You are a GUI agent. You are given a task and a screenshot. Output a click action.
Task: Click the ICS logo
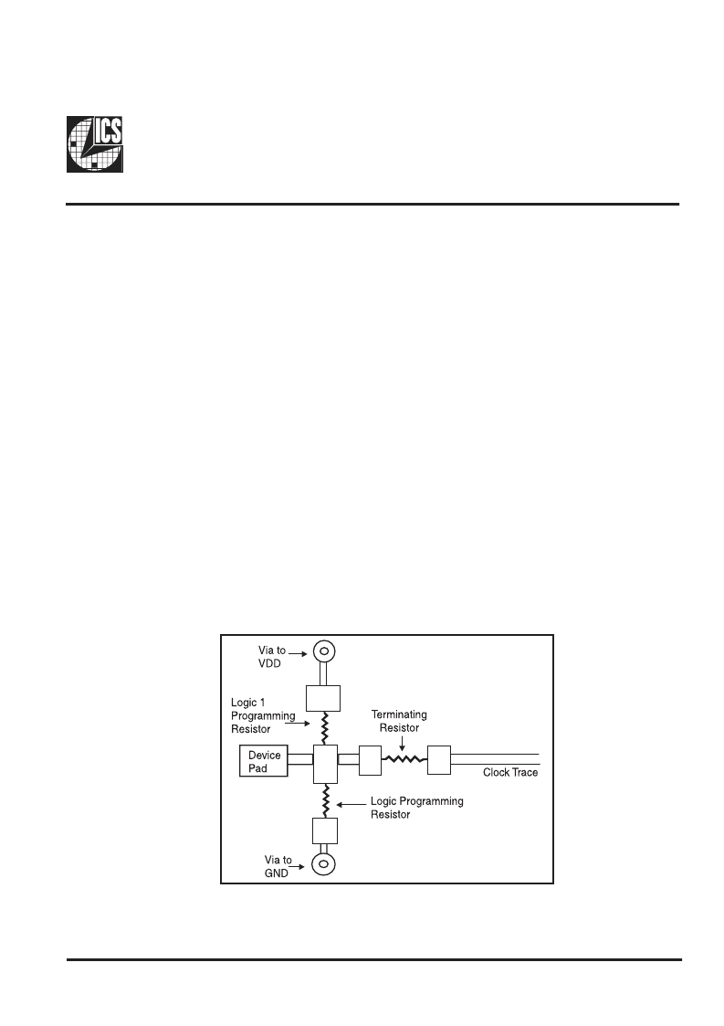tap(95, 144)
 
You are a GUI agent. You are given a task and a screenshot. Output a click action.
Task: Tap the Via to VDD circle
tap(323, 651)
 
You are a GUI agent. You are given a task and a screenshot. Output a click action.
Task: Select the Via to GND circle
tap(323, 864)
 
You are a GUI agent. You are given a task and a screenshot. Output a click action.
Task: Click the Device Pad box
tap(264, 762)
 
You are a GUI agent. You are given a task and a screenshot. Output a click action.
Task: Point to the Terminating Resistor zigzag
tap(404, 759)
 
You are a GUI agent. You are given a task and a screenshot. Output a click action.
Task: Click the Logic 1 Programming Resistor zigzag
tap(324, 728)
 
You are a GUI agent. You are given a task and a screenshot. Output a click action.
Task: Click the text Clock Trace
tap(510, 773)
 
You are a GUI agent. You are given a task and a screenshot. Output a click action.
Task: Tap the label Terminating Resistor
tap(399, 721)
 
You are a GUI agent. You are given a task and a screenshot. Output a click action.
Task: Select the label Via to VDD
tap(271, 657)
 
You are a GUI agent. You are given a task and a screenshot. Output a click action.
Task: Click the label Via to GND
tap(278, 866)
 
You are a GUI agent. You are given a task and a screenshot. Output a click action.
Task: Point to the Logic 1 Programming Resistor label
tap(263, 716)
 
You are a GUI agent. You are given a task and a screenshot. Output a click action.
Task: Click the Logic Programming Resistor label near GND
tap(416, 808)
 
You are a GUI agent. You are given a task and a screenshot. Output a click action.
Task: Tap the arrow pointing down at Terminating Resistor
tap(400, 744)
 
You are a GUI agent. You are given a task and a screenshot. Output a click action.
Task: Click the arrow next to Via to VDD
tap(299, 653)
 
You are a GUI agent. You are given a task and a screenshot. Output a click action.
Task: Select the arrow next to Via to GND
tap(297, 867)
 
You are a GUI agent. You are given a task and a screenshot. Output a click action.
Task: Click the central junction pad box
tap(326, 765)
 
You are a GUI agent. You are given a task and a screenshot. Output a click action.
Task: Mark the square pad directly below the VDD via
tap(324, 699)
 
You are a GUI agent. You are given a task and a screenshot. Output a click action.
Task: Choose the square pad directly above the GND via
tap(325, 831)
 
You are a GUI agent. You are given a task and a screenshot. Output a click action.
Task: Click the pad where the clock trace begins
tap(439, 760)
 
